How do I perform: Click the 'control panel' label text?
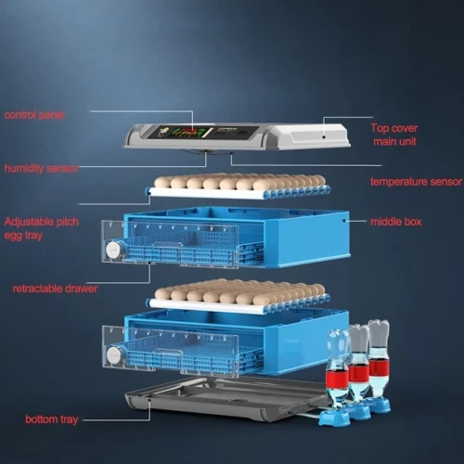[x=34, y=115]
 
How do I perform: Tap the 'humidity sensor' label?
[x=41, y=168]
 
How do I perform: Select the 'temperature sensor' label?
[x=417, y=182]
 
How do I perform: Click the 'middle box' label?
[x=396, y=222]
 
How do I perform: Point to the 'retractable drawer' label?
[x=55, y=289]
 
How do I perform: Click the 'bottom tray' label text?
[x=51, y=419]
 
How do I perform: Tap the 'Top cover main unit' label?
[x=394, y=135]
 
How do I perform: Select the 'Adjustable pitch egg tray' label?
[x=41, y=228]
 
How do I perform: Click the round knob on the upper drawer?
[x=112, y=249]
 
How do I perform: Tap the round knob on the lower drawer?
[x=113, y=355]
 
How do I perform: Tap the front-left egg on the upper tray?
[x=162, y=183]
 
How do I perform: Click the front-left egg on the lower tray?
[x=162, y=293]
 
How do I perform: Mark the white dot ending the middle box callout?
[x=343, y=221]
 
